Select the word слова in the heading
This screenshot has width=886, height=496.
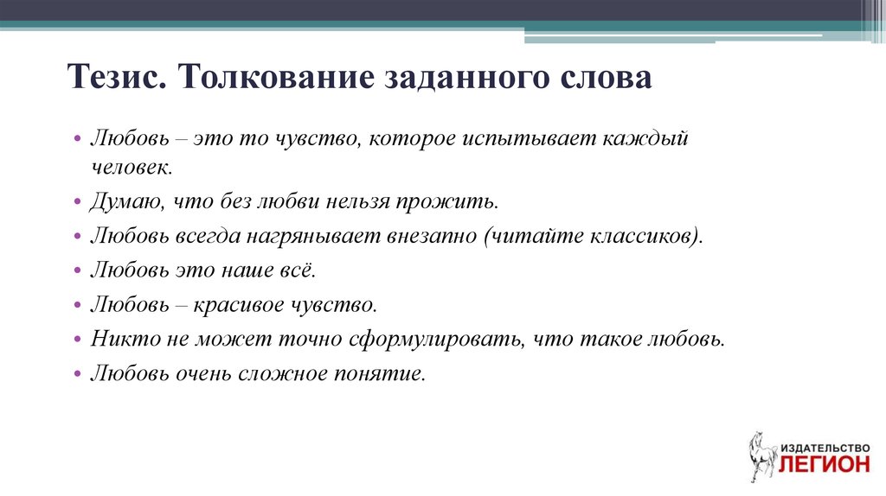click(x=607, y=77)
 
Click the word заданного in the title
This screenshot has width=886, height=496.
click(x=467, y=78)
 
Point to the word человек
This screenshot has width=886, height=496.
click(x=132, y=167)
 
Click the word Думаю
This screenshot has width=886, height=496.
click(x=126, y=201)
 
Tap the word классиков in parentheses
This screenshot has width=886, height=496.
click(x=642, y=235)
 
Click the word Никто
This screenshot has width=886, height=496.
click(x=125, y=339)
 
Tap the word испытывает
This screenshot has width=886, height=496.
click(x=530, y=139)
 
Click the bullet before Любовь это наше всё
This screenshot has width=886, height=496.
click(x=78, y=270)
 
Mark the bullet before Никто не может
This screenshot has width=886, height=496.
click(x=78, y=339)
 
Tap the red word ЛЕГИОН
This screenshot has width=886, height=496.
click(x=825, y=464)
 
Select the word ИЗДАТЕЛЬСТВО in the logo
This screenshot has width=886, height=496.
click(x=825, y=448)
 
